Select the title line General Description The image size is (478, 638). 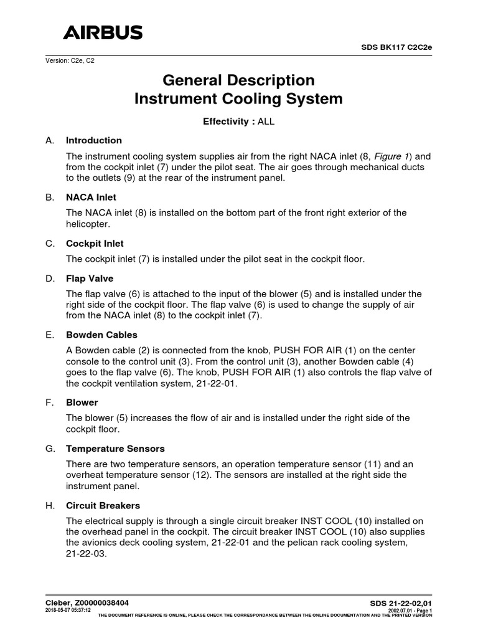(239, 80)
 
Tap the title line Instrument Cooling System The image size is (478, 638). (239, 98)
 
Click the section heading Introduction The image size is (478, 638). (94, 140)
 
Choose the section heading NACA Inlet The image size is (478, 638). (91, 197)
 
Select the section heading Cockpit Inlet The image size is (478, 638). (95, 243)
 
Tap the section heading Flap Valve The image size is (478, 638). (90, 278)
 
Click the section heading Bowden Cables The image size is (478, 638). (98, 335)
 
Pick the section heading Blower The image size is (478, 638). (82, 402)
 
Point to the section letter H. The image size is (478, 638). (50, 505)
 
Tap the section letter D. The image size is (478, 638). (50, 278)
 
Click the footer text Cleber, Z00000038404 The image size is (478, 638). (88, 602)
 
